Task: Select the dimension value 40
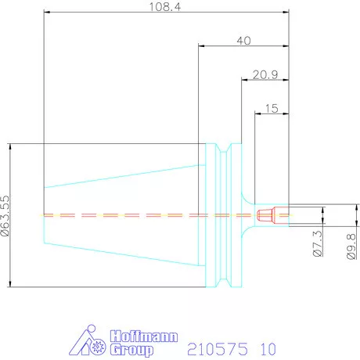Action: pyautogui.click(x=243, y=41)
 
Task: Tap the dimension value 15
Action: pyautogui.click(x=271, y=109)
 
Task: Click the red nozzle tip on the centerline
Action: pyautogui.click(x=265, y=214)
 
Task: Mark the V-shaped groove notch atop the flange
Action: pyautogui.click(x=225, y=149)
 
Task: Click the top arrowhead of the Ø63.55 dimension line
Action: pyautogui.click(x=10, y=146)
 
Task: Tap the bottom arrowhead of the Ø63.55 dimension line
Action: pyautogui.click(x=10, y=285)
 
